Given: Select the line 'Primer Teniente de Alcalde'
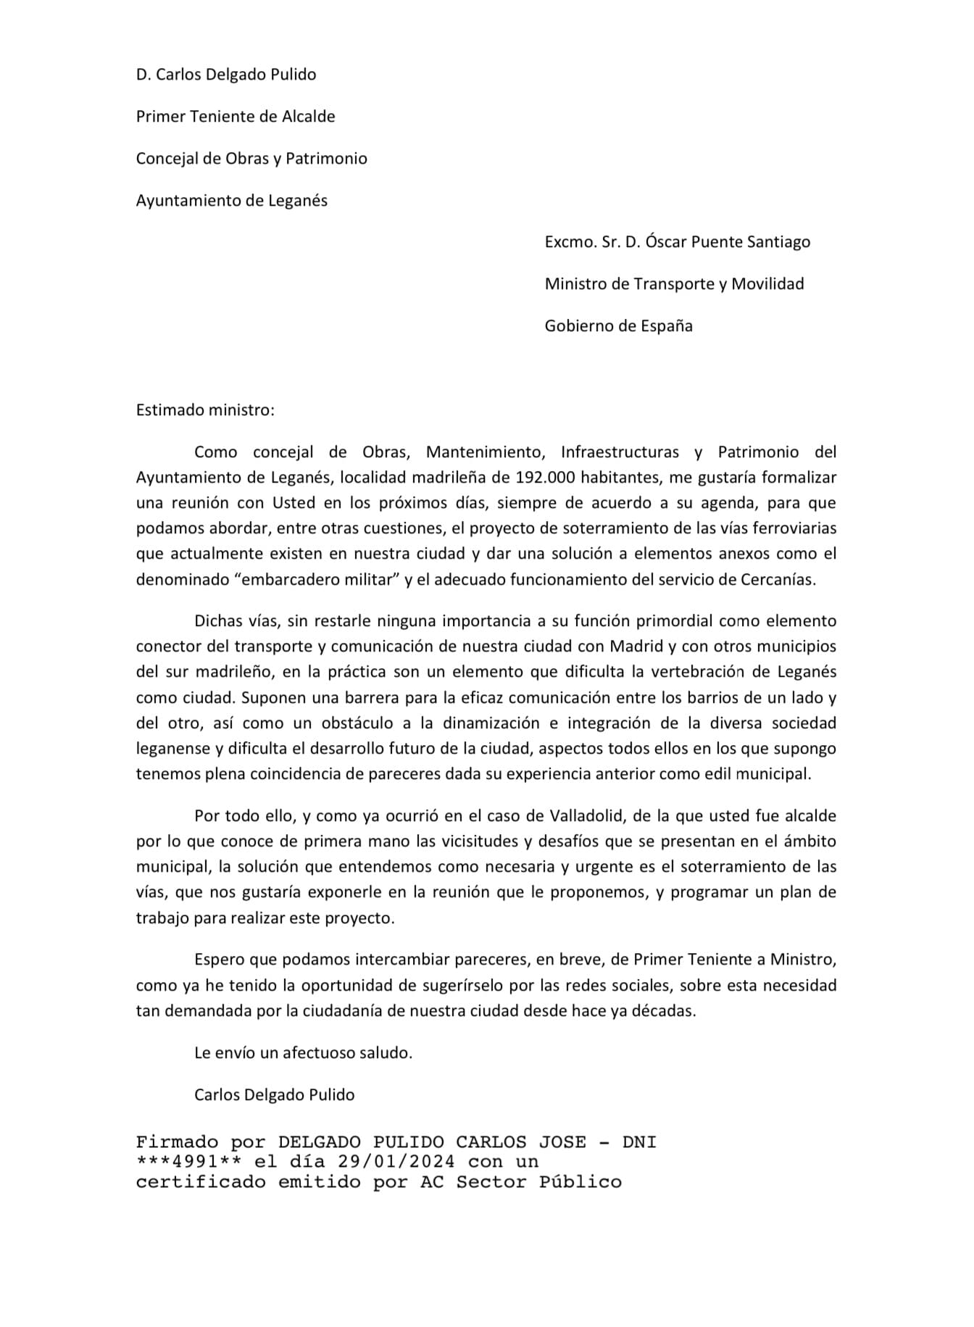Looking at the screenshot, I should click(x=236, y=117).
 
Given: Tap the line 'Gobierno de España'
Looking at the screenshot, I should click(x=618, y=326).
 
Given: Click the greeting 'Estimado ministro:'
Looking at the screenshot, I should click(x=205, y=410).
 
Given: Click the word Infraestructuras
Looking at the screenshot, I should click(x=620, y=452).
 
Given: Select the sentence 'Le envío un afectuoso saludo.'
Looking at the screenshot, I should click(x=303, y=1053).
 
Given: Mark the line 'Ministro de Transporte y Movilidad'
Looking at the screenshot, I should click(x=674, y=284).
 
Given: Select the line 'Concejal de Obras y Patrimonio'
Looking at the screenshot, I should click(x=251, y=159).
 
